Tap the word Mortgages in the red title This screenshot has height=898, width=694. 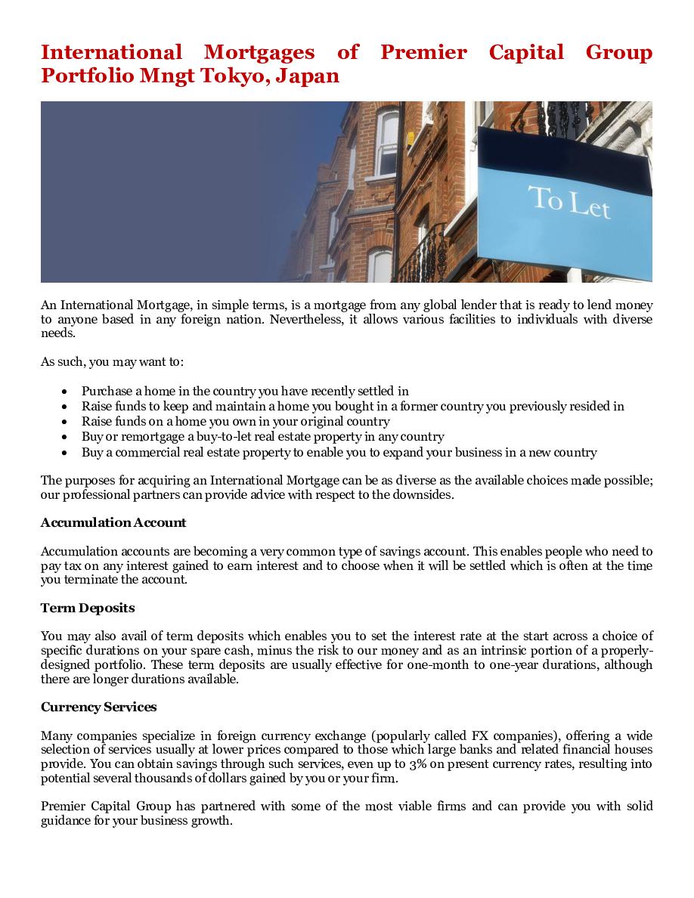(259, 52)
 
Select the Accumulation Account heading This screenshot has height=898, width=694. (113, 522)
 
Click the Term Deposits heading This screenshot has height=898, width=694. (88, 608)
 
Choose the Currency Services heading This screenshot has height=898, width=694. (99, 707)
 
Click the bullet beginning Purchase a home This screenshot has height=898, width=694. (245, 391)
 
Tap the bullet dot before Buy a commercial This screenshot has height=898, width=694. (65, 453)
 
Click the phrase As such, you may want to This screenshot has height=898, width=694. (112, 361)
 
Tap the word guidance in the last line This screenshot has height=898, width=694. (67, 820)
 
